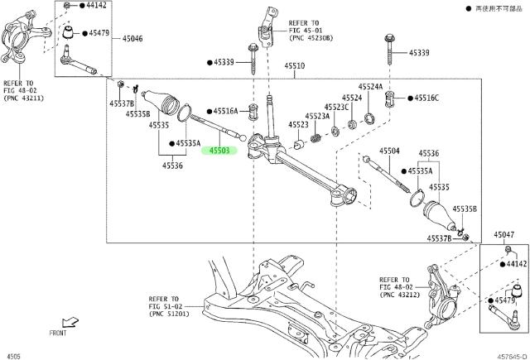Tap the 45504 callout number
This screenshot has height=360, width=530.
[x=389, y=151]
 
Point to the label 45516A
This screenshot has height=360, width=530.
[x=224, y=110]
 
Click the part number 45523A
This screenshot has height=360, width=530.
[x=317, y=117]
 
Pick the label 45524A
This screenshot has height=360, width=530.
[x=370, y=86]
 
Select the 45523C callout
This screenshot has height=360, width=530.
[x=336, y=108]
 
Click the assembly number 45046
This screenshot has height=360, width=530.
[x=132, y=39]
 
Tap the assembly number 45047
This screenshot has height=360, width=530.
[x=504, y=236]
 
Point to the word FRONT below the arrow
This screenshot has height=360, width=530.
[x=58, y=333]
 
